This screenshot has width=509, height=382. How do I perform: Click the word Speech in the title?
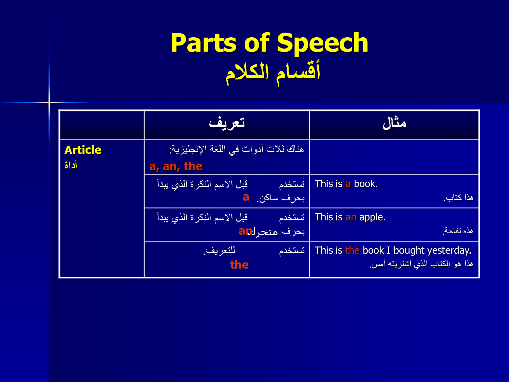(x=322, y=43)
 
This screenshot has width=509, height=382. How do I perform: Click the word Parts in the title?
(x=204, y=43)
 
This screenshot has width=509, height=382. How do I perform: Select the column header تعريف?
(x=227, y=123)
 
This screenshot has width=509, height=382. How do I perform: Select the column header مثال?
(x=394, y=123)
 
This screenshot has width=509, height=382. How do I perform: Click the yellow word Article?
(x=83, y=150)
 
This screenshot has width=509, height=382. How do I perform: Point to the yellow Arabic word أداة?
(x=71, y=165)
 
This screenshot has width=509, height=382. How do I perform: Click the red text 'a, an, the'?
(x=176, y=166)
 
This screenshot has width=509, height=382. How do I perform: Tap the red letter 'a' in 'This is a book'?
(x=348, y=184)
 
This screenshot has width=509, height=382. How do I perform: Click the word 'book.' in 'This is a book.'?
(x=366, y=184)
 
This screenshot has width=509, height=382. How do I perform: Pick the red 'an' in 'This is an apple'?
(x=351, y=217)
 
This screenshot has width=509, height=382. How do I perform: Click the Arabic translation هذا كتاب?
(x=458, y=198)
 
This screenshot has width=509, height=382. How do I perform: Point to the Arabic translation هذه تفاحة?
(x=458, y=231)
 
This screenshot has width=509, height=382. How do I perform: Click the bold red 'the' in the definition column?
(x=239, y=265)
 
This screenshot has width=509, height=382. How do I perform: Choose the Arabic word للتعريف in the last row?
(x=219, y=250)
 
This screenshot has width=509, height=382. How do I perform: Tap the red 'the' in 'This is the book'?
(x=352, y=251)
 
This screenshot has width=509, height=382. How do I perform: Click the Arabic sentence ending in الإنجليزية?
(x=236, y=149)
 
